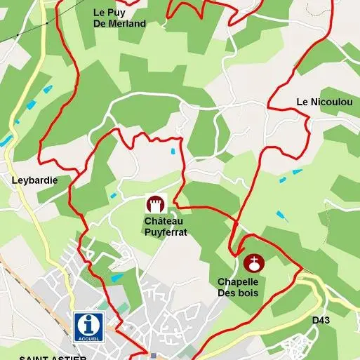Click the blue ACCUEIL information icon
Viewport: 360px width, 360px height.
click(88, 327)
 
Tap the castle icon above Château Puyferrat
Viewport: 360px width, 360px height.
click(154, 204)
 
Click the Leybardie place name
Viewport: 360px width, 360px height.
click(34, 180)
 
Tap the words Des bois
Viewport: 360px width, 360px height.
click(239, 292)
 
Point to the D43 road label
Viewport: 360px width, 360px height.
click(321, 320)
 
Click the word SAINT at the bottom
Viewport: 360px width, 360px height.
click(34, 357)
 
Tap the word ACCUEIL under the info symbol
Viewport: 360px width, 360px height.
click(88, 338)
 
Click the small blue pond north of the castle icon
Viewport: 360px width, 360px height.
click(173, 150)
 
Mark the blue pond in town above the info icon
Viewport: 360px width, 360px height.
click(116, 278)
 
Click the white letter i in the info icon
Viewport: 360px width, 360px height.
click(88, 324)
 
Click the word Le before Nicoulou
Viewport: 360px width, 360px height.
click(302, 102)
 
